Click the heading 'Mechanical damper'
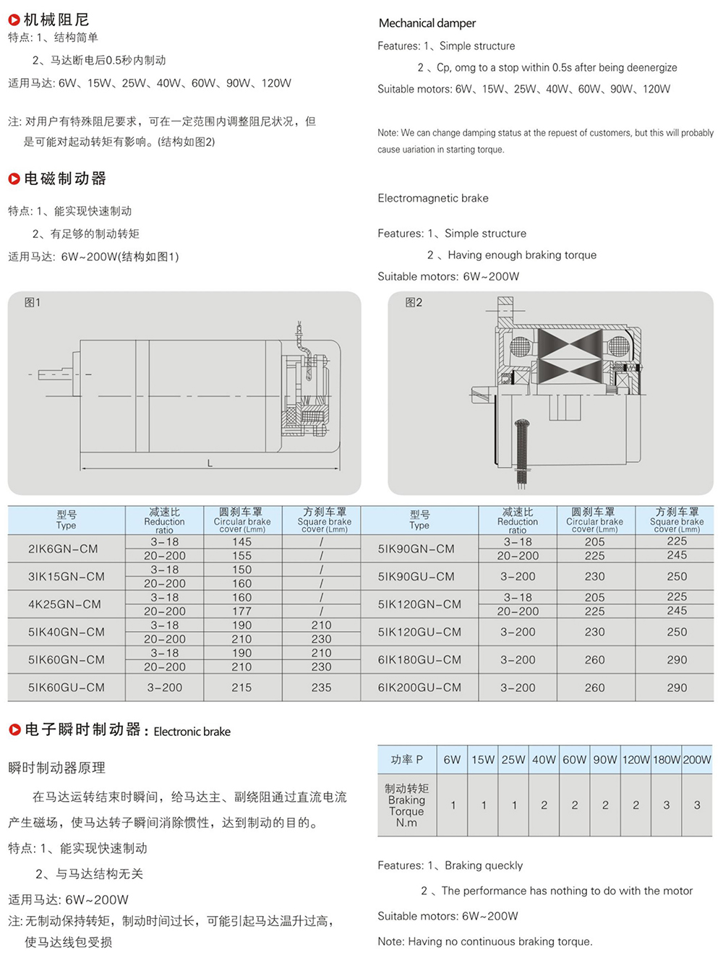coord(427,23)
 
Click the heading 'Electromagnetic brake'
coord(433,198)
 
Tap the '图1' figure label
coord(33,303)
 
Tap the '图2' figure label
coord(414,303)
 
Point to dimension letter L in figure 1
coord(210,463)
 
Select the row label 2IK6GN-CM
coord(63,549)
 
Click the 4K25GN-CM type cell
coord(66,604)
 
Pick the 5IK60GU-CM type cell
coord(66,688)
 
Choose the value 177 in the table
coord(241,612)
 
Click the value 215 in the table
coord(241,688)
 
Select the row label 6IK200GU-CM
coord(419,688)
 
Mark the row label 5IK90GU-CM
coord(416,577)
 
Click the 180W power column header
coord(667,760)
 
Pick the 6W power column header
coord(452,760)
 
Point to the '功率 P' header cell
coord(407,760)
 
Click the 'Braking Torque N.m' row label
coord(406,805)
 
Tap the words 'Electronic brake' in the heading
coord(192,732)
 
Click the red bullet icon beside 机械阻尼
coord(14,20)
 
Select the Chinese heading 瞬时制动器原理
coord(57,768)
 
